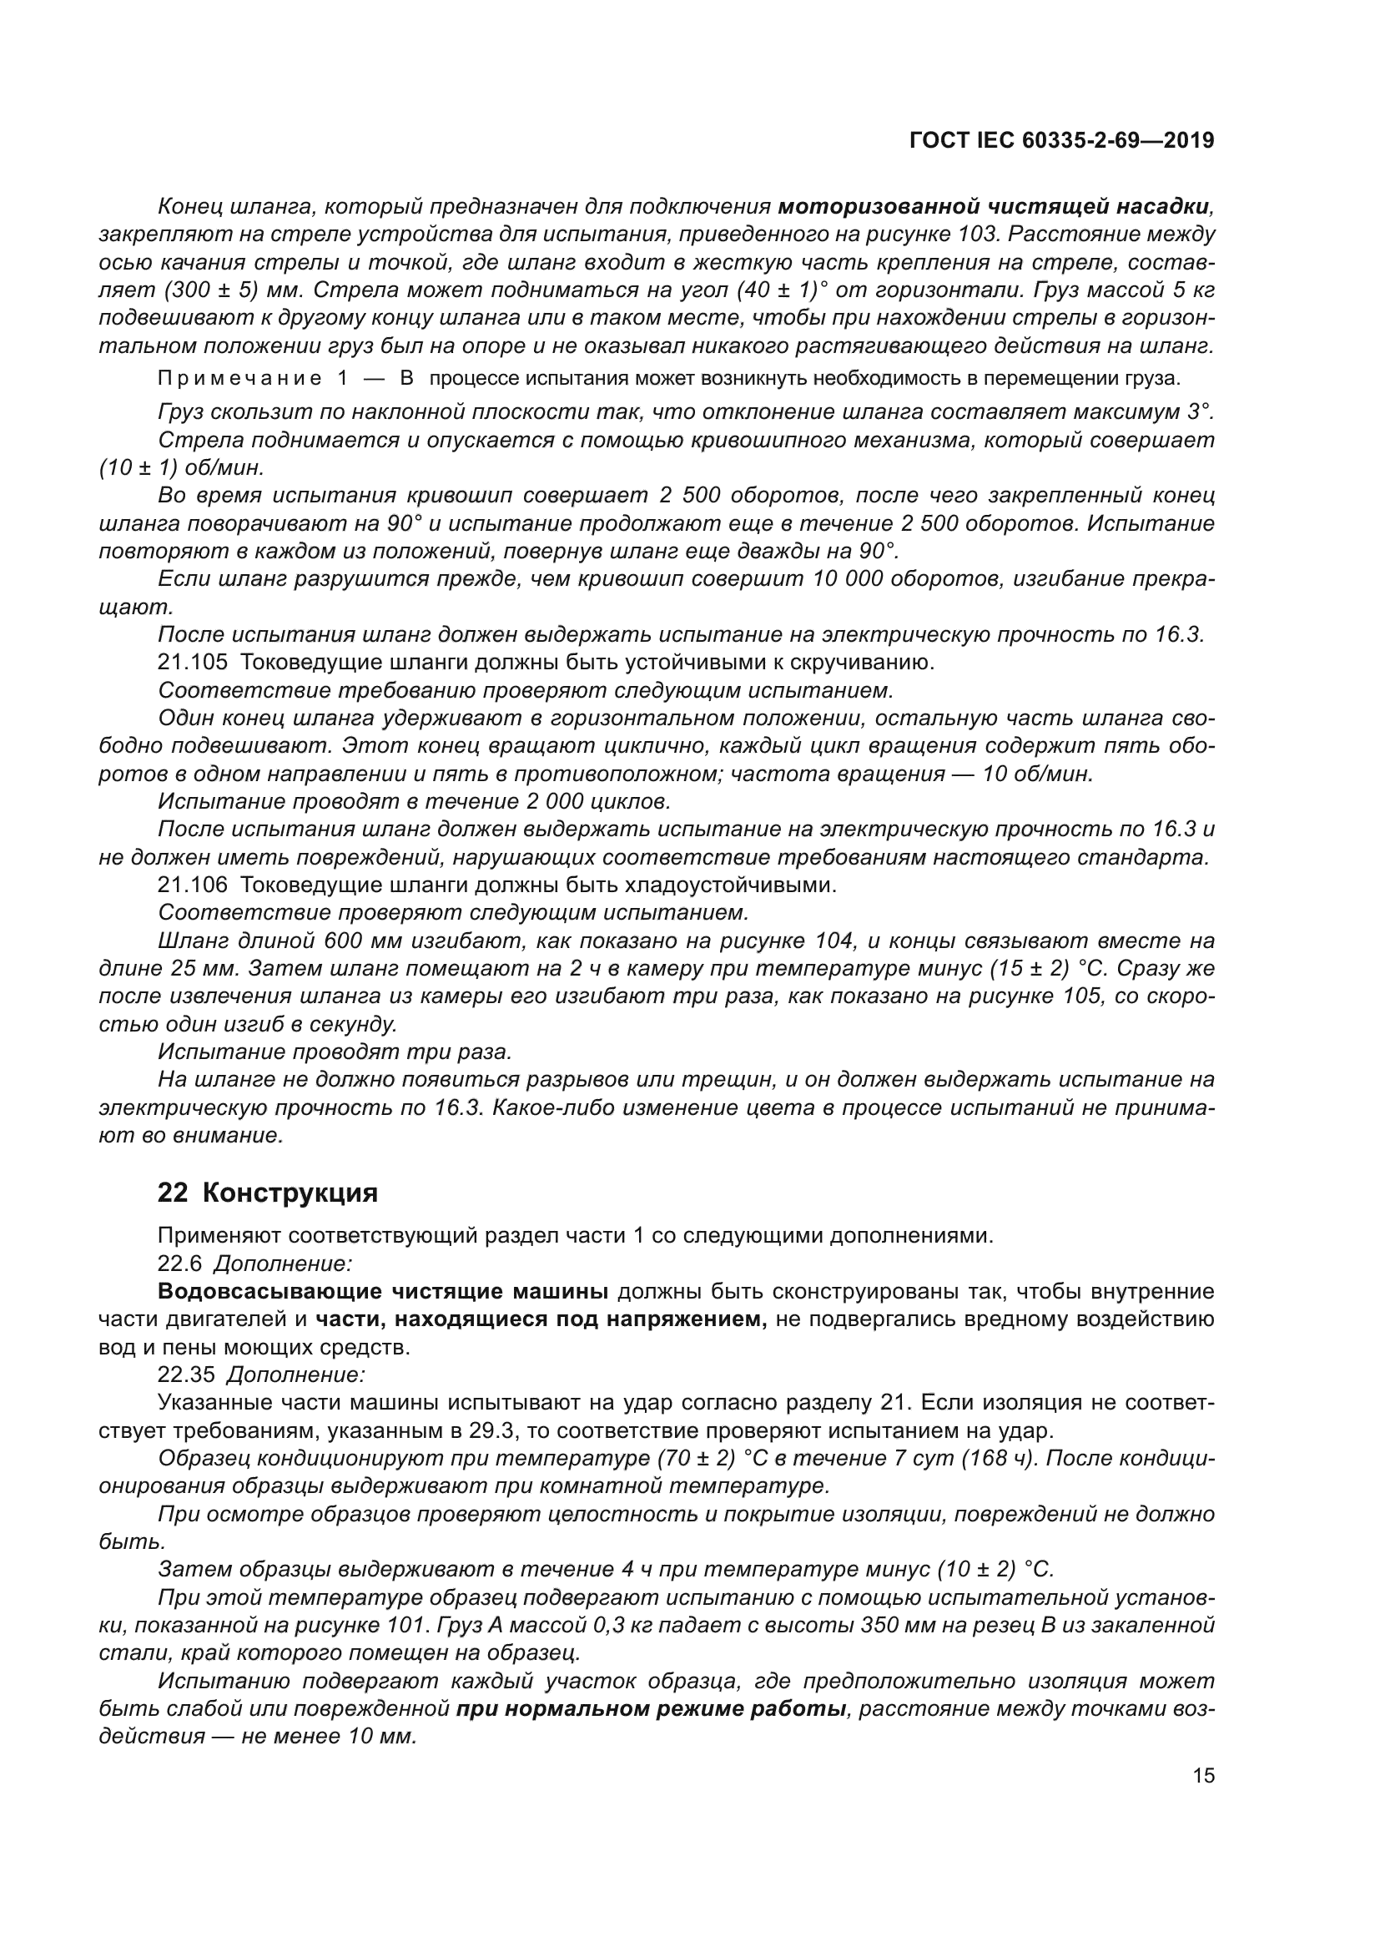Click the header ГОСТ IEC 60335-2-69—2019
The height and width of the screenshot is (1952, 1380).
[x=1061, y=140]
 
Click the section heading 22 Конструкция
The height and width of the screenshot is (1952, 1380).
[x=267, y=1193]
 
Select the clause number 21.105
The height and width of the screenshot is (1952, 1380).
[x=192, y=662]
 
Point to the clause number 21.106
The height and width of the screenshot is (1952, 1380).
[x=192, y=885]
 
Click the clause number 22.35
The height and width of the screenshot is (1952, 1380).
[x=185, y=1374]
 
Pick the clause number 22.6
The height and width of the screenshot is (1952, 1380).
[x=179, y=1264]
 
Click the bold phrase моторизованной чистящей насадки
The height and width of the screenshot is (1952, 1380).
[x=994, y=206]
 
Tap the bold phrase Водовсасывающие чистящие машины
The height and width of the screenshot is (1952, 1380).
[x=382, y=1291]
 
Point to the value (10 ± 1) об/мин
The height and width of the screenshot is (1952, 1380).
[x=181, y=468]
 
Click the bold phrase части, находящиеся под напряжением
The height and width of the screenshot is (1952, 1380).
[x=540, y=1319]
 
